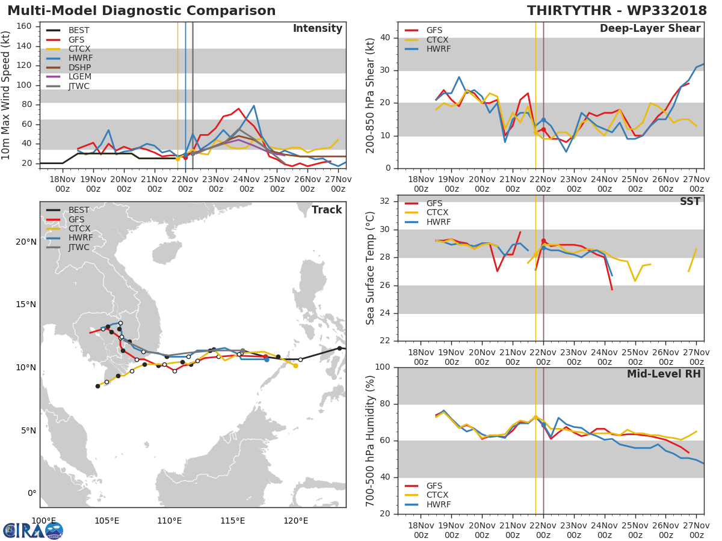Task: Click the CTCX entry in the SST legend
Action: pos(437,213)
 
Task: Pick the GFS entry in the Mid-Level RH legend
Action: pos(437,486)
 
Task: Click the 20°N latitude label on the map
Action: pos(25,242)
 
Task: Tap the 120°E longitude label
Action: pos(295,521)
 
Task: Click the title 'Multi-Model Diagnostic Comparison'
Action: pos(141,11)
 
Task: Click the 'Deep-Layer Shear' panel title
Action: pos(650,29)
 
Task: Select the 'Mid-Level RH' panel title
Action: pos(664,374)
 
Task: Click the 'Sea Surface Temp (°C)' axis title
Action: pos(371,267)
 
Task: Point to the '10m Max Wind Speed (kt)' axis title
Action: pos(7,95)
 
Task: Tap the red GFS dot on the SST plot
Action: pos(543,241)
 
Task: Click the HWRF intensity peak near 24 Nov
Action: pos(254,106)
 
